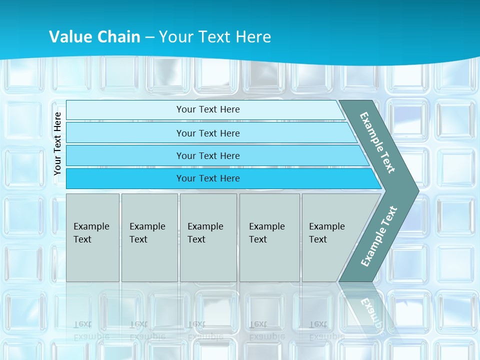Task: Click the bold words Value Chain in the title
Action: pyautogui.click(x=94, y=36)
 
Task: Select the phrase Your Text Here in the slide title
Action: pyautogui.click(x=215, y=36)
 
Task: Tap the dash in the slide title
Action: pyautogui.click(x=149, y=37)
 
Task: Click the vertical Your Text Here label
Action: pyautogui.click(x=57, y=143)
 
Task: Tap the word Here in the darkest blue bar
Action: pyautogui.click(x=229, y=178)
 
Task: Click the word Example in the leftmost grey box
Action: pyautogui.click(x=91, y=226)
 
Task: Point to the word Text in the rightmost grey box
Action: pyautogui.click(x=318, y=239)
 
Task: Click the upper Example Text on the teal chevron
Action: pyautogui.click(x=377, y=142)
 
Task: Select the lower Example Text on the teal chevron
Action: pyautogui.click(x=379, y=236)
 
